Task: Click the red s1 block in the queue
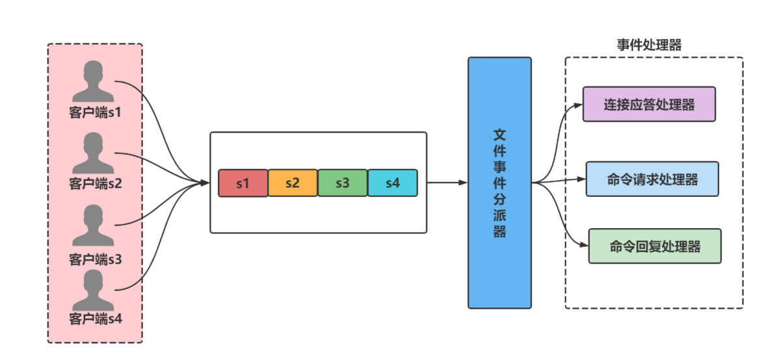pos(243,183)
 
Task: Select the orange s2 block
pos(293,183)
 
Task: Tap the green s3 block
pos(343,183)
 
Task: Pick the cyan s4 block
pos(392,183)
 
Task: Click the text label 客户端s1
pos(95,112)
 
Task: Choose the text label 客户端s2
pos(95,183)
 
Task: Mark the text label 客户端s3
pos(95,259)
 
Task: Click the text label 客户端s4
pos(95,319)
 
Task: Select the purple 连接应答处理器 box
pos(649,104)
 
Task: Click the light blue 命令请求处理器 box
pos(652,179)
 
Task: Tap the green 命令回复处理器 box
pos(655,246)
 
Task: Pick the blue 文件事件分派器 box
pos(499,183)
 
